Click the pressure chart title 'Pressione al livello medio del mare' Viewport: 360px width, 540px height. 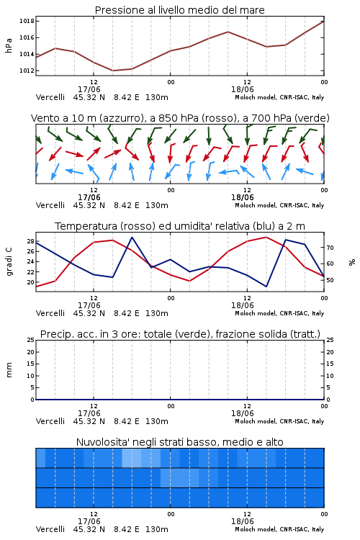click(179, 10)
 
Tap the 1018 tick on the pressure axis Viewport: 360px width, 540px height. click(27, 21)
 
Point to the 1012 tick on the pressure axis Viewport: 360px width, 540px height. click(27, 71)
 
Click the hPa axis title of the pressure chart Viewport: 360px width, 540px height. click(9, 45)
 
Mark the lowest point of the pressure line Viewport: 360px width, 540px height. click(112, 71)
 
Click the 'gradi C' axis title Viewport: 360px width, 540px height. click(9, 261)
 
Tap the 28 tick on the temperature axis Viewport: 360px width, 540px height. click(30, 241)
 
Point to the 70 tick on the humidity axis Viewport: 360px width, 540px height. click(330, 248)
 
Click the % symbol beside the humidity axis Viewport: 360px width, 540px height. click(352, 262)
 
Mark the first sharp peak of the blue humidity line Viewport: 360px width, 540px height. click(132, 238)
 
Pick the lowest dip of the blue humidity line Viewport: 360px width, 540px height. click(266, 287)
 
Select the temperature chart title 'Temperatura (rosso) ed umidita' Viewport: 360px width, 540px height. click(180, 226)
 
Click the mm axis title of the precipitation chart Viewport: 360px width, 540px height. click(9, 369)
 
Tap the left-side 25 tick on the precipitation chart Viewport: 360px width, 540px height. click(31, 340)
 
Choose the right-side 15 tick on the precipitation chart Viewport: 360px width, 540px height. click(330, 364)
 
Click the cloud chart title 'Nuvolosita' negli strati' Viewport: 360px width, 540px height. click(179, 442)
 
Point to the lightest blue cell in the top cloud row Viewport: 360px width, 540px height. click(132, 458)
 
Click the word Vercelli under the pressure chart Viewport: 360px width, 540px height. click(50, 97)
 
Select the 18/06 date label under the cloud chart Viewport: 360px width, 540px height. click(243, 521)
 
